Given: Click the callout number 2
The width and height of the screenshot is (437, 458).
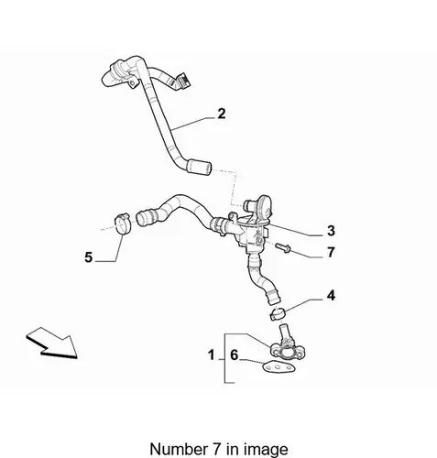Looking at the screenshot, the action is pyautogui.click(x=222, y=114).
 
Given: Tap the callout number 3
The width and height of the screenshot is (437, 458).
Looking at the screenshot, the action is pyautogui.click(x=331, y=231).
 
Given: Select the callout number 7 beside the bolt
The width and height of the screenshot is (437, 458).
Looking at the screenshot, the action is pyautogui.click(x=331, y=253).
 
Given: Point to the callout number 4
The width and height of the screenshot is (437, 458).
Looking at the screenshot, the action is pyautogui.click(x=331, y=296).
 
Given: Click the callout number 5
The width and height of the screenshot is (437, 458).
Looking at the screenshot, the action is pyautogui.click(x=88, y=257).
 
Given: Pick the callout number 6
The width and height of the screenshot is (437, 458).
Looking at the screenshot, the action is pyautogui.click(x=234, y=354).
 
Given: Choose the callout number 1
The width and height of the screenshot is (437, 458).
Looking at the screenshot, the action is pyautogui.click(x=211, y=354).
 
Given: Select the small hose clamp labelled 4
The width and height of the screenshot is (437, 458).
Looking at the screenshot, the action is pyautogui.click(x=278, y=314).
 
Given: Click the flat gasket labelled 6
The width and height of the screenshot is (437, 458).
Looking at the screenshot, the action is pyautogui.click(x=279, y=367).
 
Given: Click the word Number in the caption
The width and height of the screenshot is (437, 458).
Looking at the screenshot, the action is pyautogui.click(x=178, y=449).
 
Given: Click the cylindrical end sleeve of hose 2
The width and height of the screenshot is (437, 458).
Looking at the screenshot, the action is pyautogui.click(x=199, y=168).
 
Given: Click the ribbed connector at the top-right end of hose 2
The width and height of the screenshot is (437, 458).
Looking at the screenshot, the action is pyautogui.click(x=182, y=80).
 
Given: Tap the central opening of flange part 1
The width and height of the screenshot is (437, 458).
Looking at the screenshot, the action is pyautogui.click(x=288, y=352).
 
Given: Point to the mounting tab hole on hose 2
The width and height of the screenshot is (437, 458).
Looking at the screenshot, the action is pyautogui.click(x=132, y=83).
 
